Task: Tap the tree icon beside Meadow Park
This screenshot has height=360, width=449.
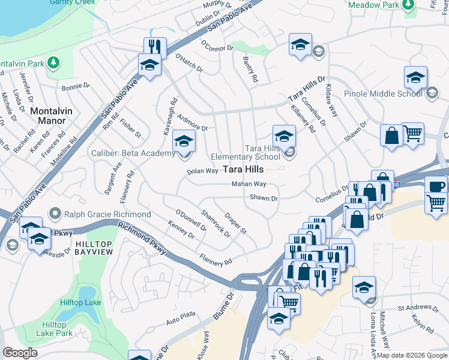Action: coord(409,5)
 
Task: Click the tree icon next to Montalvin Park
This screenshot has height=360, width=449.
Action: coord(53,62)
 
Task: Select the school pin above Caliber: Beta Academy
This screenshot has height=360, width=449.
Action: coord(184,142)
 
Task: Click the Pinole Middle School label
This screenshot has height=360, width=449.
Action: coord(383,94)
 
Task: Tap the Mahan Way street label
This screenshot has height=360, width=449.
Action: coord(249,184)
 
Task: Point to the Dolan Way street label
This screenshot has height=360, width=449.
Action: coord(202,171)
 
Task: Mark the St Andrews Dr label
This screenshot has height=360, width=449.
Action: coord(414,309)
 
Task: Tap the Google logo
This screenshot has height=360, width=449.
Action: coord(20,353)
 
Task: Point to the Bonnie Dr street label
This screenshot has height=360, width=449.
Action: coord(75,88)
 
